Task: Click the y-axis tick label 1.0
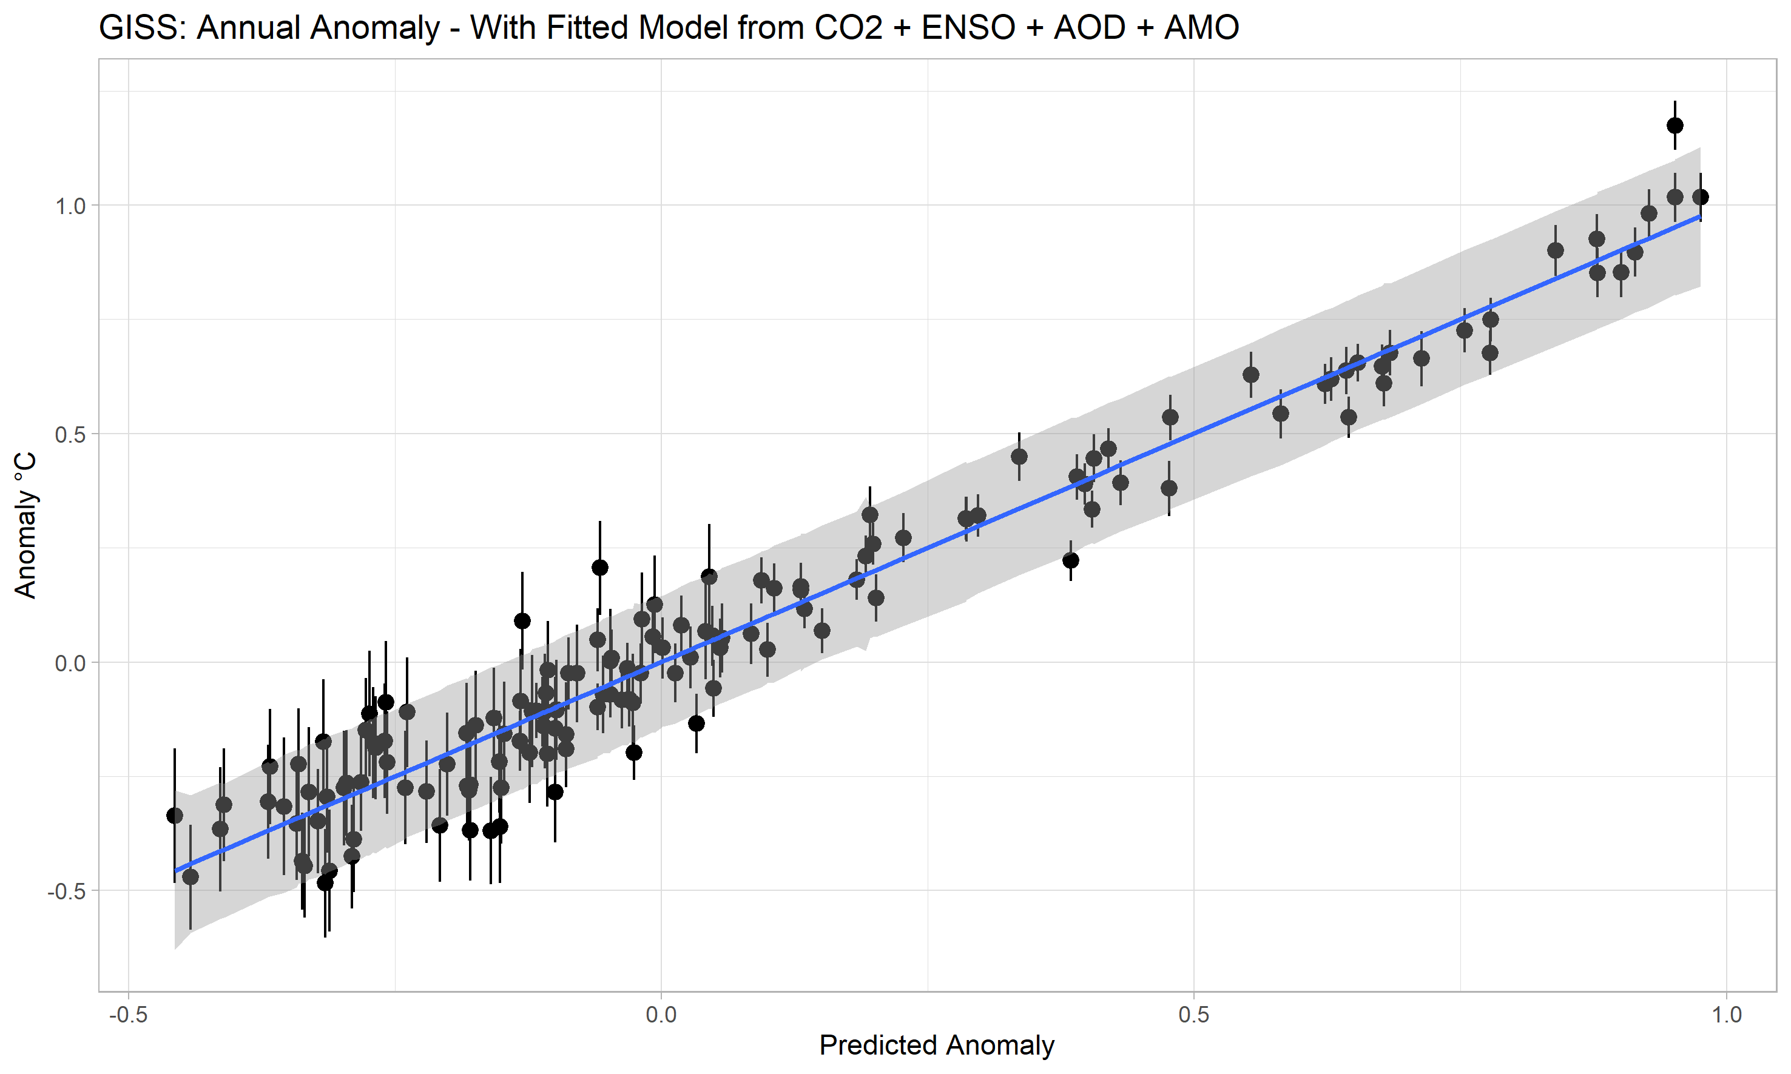(x=70, y=206)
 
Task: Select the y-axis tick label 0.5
(x=70, y=434)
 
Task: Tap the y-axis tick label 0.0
(x=70, y=663)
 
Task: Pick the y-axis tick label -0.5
(x=67, y=891)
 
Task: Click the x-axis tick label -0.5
(x=128, y=1015)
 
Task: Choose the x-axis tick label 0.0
(x=661, y=1015)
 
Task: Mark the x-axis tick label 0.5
(x=1194, y=1015)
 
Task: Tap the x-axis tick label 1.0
(x=1727, y=1015)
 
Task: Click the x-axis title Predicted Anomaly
(x=937, y=1045)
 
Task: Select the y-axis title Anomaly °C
(x=25, y=525)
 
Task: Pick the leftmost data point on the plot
(x=175, y=816)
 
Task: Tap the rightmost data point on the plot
(x=1701, y=197)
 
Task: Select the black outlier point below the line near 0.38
(x=1071, y=560)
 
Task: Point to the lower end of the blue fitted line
(x=175, y=871)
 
